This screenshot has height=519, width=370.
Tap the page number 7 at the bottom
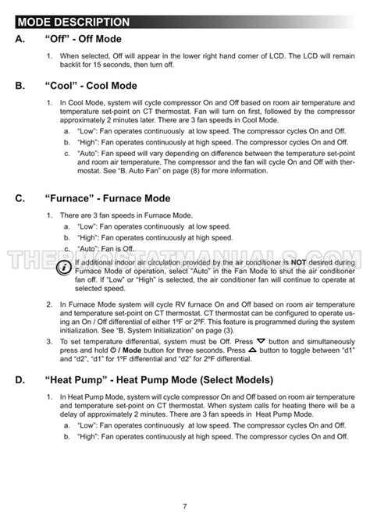[185, 507]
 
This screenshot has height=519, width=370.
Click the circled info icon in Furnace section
[63, 267]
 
